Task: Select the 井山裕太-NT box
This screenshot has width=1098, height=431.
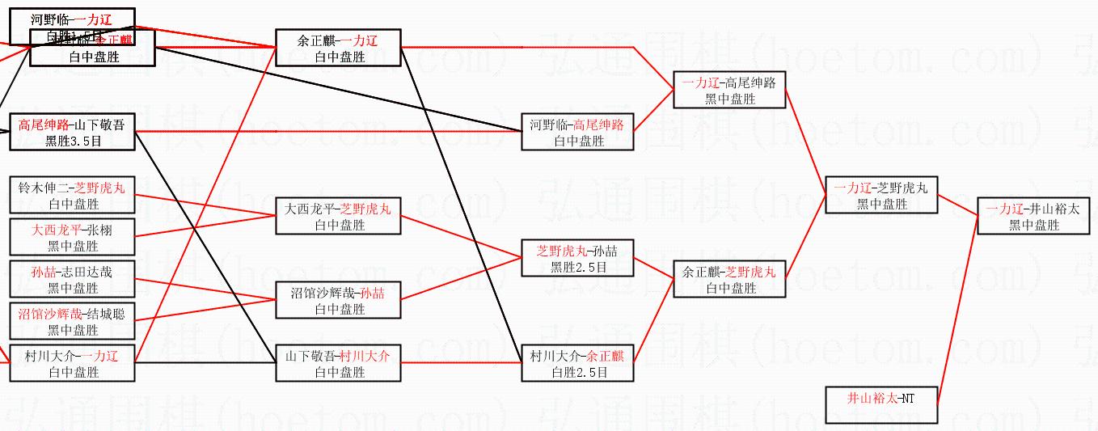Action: click(x=881, y=405)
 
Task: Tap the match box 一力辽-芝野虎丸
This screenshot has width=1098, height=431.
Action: click(x=881, y=195)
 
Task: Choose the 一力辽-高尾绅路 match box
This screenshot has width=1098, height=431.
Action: click(x=728, y=90)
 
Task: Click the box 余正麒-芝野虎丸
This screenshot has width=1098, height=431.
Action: click(x=728, y=279)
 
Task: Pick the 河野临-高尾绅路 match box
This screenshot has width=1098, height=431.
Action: click(x=577, y=132)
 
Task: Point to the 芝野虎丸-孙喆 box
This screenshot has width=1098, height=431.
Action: click(x=577, y=258)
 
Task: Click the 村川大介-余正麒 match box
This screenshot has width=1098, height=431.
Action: click(x=577, y=363)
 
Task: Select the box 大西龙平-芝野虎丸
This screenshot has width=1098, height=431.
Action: click(x=338, y=216)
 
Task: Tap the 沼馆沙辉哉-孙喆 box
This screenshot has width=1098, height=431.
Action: click(x=338, y=300)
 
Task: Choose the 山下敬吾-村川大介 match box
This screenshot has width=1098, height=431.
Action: click(x=338, y=363)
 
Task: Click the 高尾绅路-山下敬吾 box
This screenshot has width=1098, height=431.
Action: click(x=72, y=132)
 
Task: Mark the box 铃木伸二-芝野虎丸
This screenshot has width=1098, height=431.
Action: click(x=72, y=195)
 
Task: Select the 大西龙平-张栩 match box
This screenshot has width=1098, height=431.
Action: click(x=72, y=237)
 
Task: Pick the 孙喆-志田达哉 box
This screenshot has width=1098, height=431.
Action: click(x=72, y=279)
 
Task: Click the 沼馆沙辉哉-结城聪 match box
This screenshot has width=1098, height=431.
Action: click(x=72, y=321)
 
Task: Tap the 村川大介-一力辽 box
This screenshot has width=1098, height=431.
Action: click(x=72, y=363)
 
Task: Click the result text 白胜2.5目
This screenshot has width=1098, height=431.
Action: click(x=577, y=372)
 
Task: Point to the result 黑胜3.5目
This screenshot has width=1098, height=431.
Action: click(x=72, y=141)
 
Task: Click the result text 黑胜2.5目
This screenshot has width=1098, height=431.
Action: click(x=577, y=267)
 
